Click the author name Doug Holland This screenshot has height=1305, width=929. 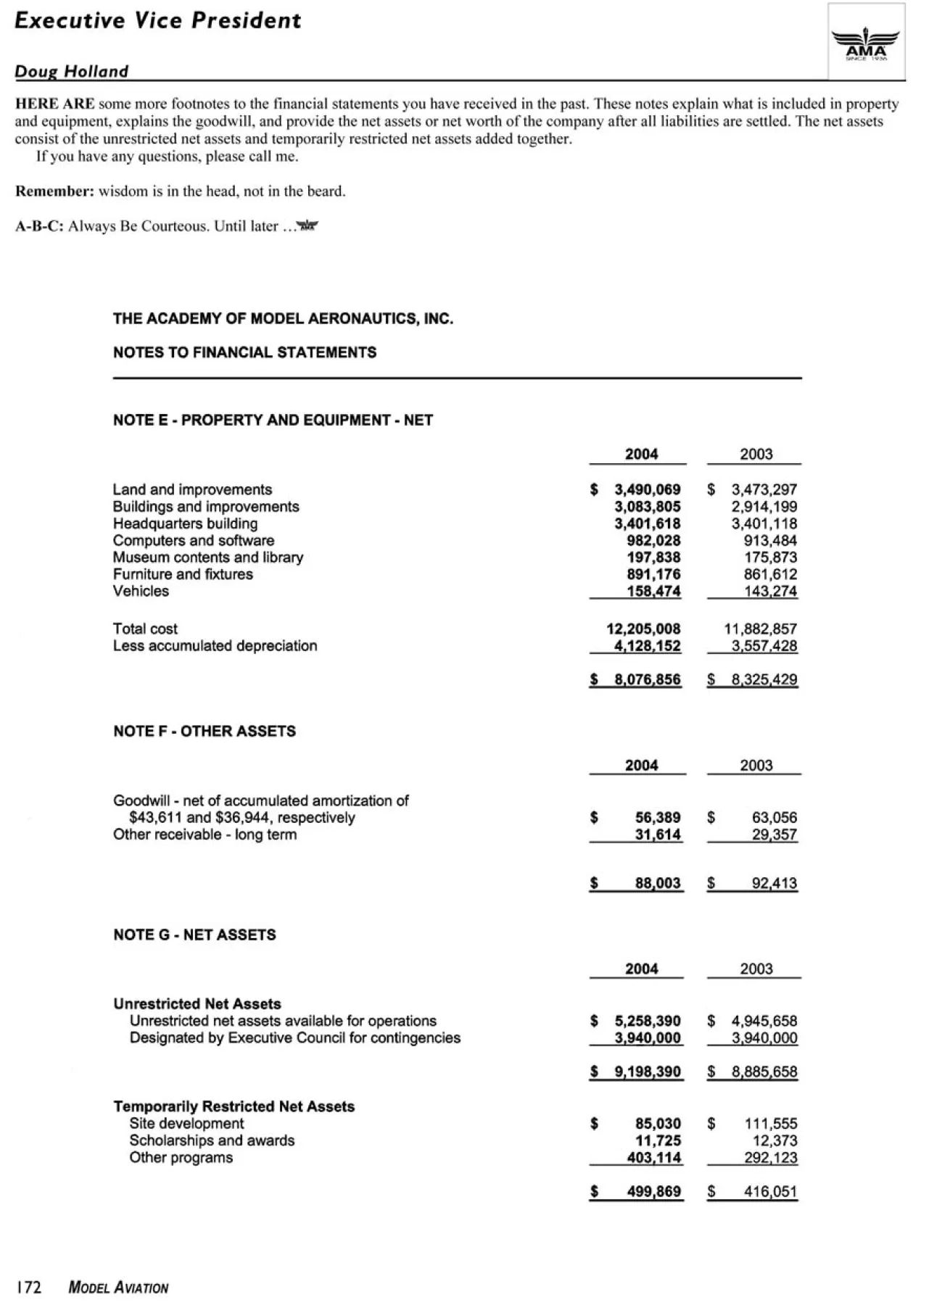(72, 71)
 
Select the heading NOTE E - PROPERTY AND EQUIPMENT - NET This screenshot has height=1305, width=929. (273, 420)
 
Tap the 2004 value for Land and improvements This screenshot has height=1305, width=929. (647, 490)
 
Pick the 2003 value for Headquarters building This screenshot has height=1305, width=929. (764, 523)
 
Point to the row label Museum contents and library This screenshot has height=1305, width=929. (208, 558)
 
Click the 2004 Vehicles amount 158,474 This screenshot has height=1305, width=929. (653, 591)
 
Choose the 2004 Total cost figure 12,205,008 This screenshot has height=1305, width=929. (643, 629)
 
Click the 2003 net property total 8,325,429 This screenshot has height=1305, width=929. (764, 680)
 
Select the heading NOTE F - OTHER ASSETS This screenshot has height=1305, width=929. (205, 732)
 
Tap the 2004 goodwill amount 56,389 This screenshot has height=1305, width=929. (658, 818)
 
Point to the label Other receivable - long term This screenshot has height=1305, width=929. (205, 834)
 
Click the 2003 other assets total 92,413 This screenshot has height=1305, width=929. (774, 884)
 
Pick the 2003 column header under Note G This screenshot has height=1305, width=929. (756, 969)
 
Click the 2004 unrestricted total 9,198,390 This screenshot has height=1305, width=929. (647, 1072)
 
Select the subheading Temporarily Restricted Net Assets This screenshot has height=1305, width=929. (234, 1106)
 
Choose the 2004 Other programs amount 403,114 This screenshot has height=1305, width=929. (653, 1158)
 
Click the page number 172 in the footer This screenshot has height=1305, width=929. (29, 1288)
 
